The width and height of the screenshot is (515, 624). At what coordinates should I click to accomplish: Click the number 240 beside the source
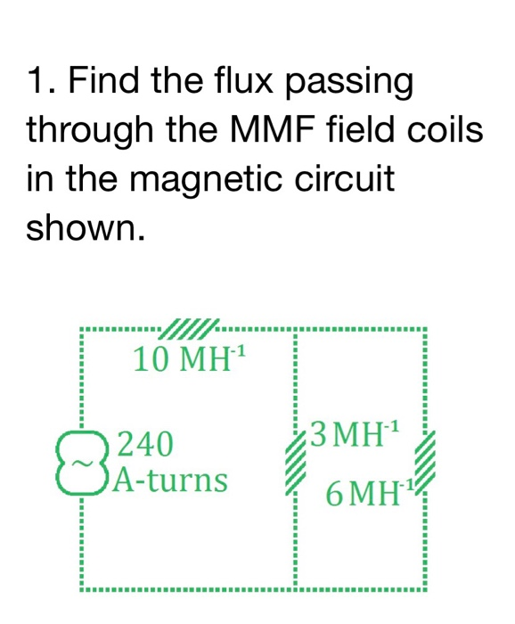click(x=147, y=443)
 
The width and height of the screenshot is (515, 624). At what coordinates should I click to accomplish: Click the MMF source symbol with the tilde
click(x=82, y=463)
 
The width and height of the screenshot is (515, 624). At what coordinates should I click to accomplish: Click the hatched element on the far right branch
click(x=426, y=463)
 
